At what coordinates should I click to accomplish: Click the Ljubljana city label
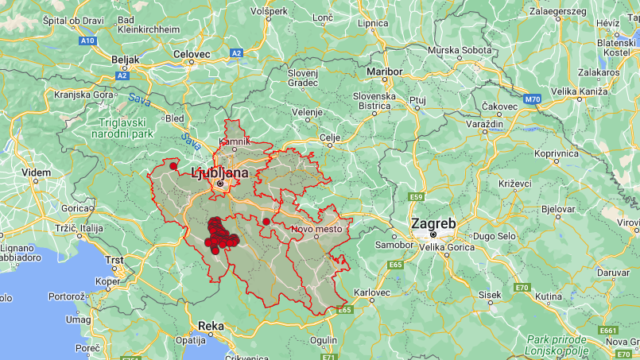pos(219,172)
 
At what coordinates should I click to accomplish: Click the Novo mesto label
pos(316,229)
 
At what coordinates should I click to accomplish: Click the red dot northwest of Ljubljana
pos(173,166)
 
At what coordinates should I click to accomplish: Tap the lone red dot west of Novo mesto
pos(266,222)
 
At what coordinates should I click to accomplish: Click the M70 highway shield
pos(532,99)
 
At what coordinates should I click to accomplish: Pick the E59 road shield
pos(415,196)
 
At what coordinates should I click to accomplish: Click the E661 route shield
pos(608,330)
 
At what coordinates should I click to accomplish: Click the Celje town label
pos(330,137)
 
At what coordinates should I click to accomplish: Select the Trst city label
pos(115,260)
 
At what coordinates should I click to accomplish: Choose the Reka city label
pos(211,325)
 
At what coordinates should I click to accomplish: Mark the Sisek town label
pos(490,295)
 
